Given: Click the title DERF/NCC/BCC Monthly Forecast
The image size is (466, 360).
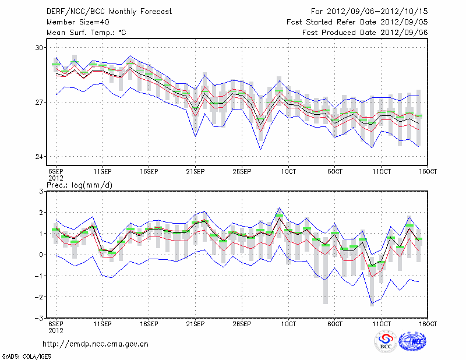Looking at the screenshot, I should coord(102,11).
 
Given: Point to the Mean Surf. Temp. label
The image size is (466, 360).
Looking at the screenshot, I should coord(86,33).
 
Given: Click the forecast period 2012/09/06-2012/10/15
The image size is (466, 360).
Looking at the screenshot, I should coord(369,11).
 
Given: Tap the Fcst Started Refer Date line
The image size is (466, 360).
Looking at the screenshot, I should coord(357,22).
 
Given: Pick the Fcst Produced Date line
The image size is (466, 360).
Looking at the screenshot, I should coord(365,33).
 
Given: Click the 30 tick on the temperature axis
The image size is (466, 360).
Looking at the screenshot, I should coord(40,47).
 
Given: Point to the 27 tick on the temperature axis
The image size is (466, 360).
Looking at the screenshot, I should coord(40,102).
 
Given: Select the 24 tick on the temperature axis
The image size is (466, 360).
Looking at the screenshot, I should coord(40,157).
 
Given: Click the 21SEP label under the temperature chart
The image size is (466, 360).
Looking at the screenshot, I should coord(195,172).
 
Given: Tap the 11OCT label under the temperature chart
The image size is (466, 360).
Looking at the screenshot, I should coord(382,172).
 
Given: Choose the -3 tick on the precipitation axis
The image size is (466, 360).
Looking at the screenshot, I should coord(40,318).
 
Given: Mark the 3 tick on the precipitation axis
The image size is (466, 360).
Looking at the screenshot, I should coord(41,191).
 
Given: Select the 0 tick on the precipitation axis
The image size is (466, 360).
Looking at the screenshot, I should coord(41,255).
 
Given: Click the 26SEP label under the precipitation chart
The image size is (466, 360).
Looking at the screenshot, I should coord(242,323).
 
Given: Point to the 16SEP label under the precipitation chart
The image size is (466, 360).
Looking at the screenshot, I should coord(149,323).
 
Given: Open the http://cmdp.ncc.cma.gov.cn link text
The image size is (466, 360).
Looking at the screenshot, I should coord(96,344).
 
